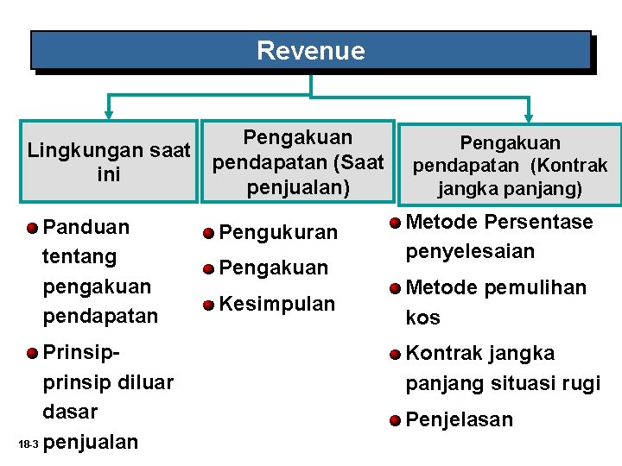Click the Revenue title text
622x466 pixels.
pyautogui.click(x=310, y=51)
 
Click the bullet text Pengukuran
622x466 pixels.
pyautogui.click(x=277, y=233)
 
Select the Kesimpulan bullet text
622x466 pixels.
pyautogui.click(x=276, y=304)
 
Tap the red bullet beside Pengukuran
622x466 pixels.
pyautogui.click(x=208, y=234)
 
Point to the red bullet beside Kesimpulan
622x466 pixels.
pyautogui.click(x=208, y=305)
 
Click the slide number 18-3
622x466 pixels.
pyautogui.click(x=28, y=444)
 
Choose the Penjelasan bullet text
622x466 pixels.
pyautogui.click(x=459, y=420)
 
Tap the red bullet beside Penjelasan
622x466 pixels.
pyautogui.click(x=395, y=421)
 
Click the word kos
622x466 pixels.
pyautogui.click(x=422, y=318)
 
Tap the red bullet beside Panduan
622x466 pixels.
pyautogui.click(x=32, y=228)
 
